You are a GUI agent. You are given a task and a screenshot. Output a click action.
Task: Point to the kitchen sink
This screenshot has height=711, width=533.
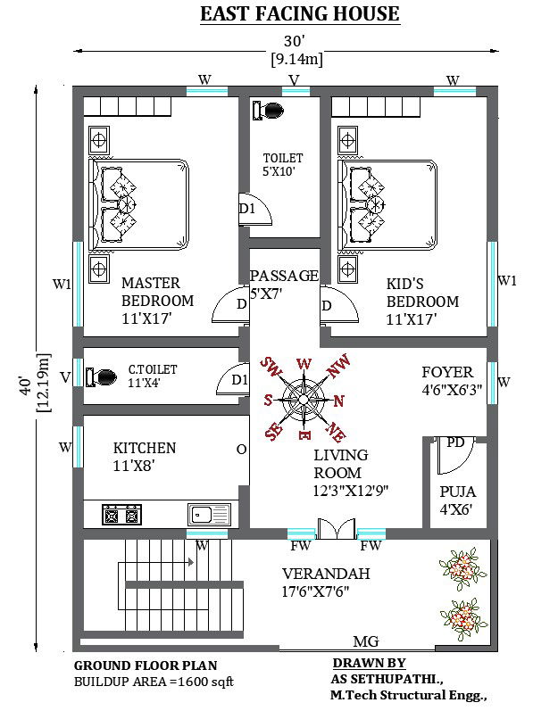click(x=209, y=514)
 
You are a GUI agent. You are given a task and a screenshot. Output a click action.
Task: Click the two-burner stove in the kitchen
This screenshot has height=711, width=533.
click(x=121, y=514)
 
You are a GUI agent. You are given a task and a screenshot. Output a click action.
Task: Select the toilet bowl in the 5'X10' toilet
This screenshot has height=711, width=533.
click(x=268, y=111)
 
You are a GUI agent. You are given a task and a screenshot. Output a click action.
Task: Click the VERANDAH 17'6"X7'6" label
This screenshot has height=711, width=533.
click(x=326, y=582)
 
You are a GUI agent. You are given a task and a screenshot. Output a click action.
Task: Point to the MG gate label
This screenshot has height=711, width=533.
click(x=365, y=641)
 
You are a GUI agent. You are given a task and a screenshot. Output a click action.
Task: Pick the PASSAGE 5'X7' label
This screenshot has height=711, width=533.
click(x=283, y=284)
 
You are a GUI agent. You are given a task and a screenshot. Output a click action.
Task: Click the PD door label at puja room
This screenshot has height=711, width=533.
click(x=454, y=442)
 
